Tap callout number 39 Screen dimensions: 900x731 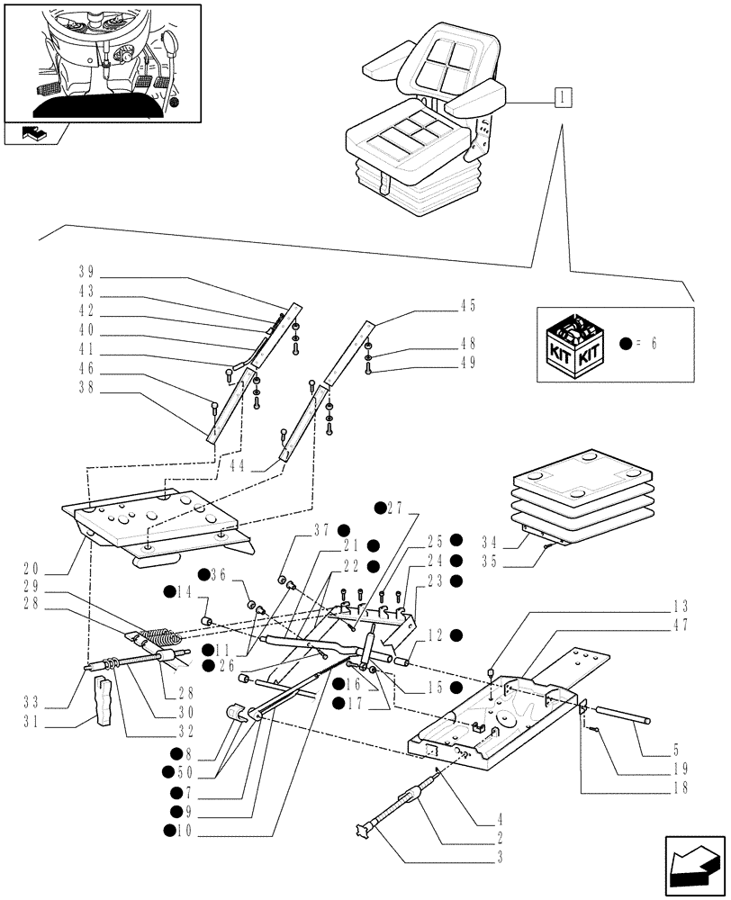tap(86, 271)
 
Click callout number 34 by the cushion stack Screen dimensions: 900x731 tap(490, 544)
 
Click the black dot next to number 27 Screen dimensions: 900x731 tap(380, 507)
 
